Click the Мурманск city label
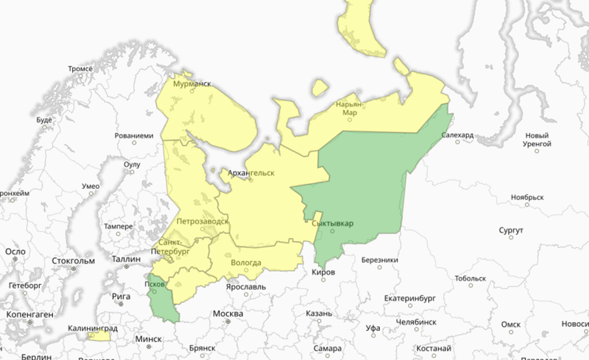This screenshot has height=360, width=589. click(192, 84)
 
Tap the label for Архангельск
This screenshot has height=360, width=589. click(251, 172)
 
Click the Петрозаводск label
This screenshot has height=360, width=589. click(203, 221)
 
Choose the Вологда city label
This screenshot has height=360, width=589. click(246, 262)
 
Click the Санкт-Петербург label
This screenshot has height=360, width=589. click(173, 247)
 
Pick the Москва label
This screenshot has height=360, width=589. click(228, 314)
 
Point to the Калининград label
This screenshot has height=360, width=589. click(93, 328)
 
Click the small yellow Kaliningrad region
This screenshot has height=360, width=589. click(99, 337)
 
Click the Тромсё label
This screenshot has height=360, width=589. click(80, 68)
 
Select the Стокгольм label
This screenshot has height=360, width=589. click(73, 260)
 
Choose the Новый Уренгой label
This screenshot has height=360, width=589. click(538, 139)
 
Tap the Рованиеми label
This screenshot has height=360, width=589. click(134, 136)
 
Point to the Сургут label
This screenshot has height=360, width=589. click(510, 229)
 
